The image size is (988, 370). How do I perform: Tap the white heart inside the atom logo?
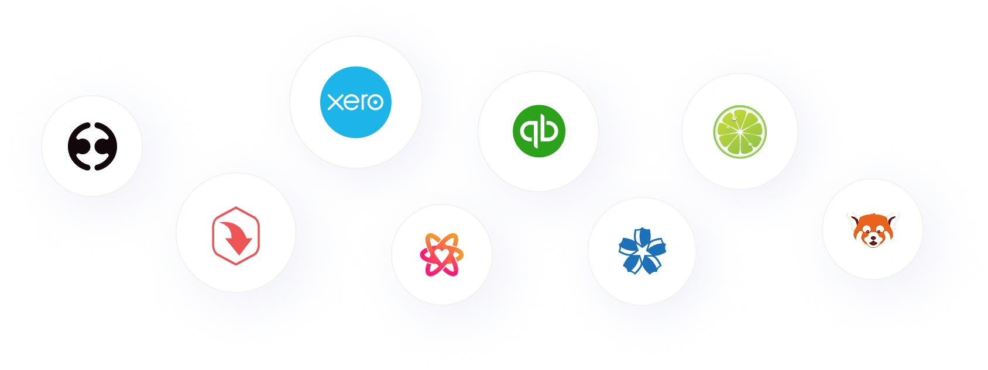(x=441, y=254)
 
